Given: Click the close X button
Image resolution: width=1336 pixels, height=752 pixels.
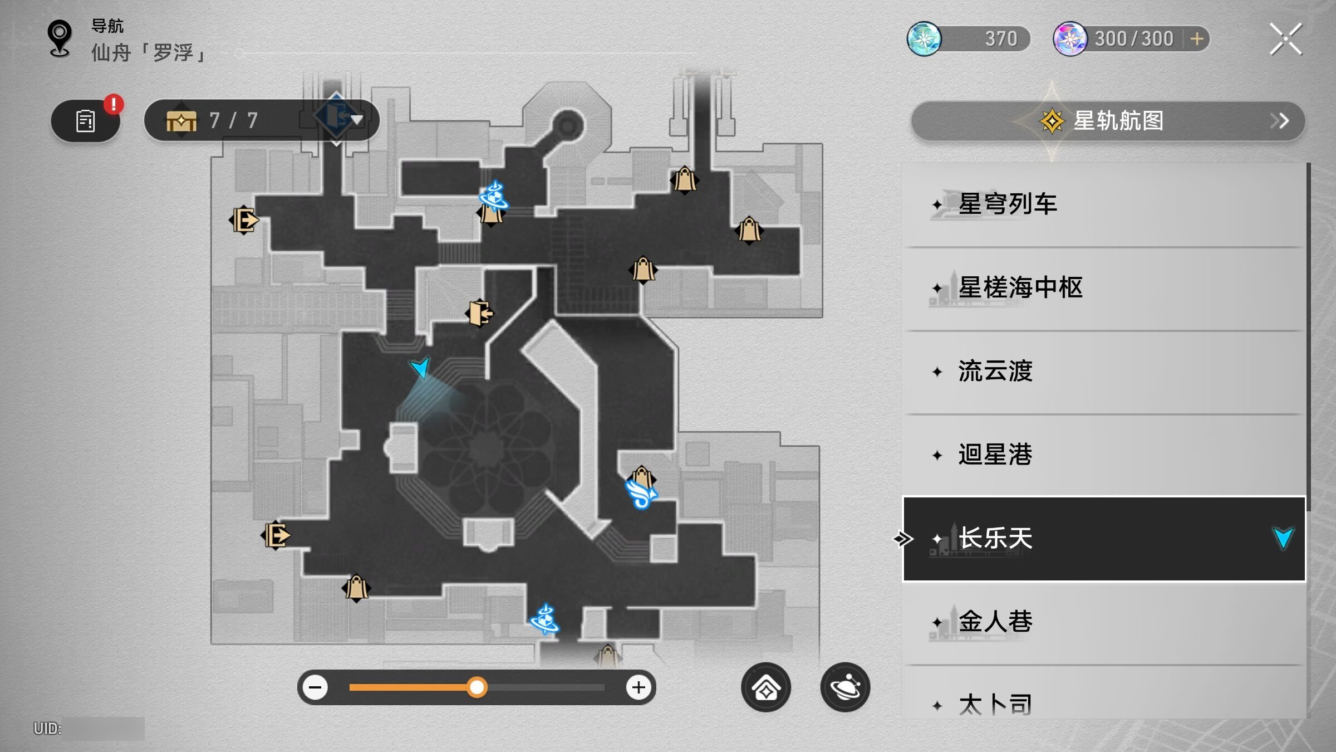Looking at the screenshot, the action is [1285, 39].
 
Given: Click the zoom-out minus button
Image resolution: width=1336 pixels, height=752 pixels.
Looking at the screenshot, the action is [315, 687].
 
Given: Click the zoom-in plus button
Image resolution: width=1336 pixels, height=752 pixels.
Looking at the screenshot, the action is [638, 687].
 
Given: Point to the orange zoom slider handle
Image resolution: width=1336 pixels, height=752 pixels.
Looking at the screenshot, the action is [477, 687].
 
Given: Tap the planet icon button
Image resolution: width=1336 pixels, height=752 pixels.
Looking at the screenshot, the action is [845, 687].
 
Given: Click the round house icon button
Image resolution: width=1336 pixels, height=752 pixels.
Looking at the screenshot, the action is [766, 687].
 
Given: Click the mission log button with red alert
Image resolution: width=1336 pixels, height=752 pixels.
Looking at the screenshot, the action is [86, 120].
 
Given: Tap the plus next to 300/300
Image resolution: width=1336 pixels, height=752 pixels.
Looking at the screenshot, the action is [1197, 39].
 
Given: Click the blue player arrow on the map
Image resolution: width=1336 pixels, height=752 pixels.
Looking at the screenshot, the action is [421, 367].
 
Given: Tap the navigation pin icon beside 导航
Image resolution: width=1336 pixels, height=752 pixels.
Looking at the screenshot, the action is [60, 38].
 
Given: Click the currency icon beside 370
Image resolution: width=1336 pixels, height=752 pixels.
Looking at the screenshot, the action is [924, 39].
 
